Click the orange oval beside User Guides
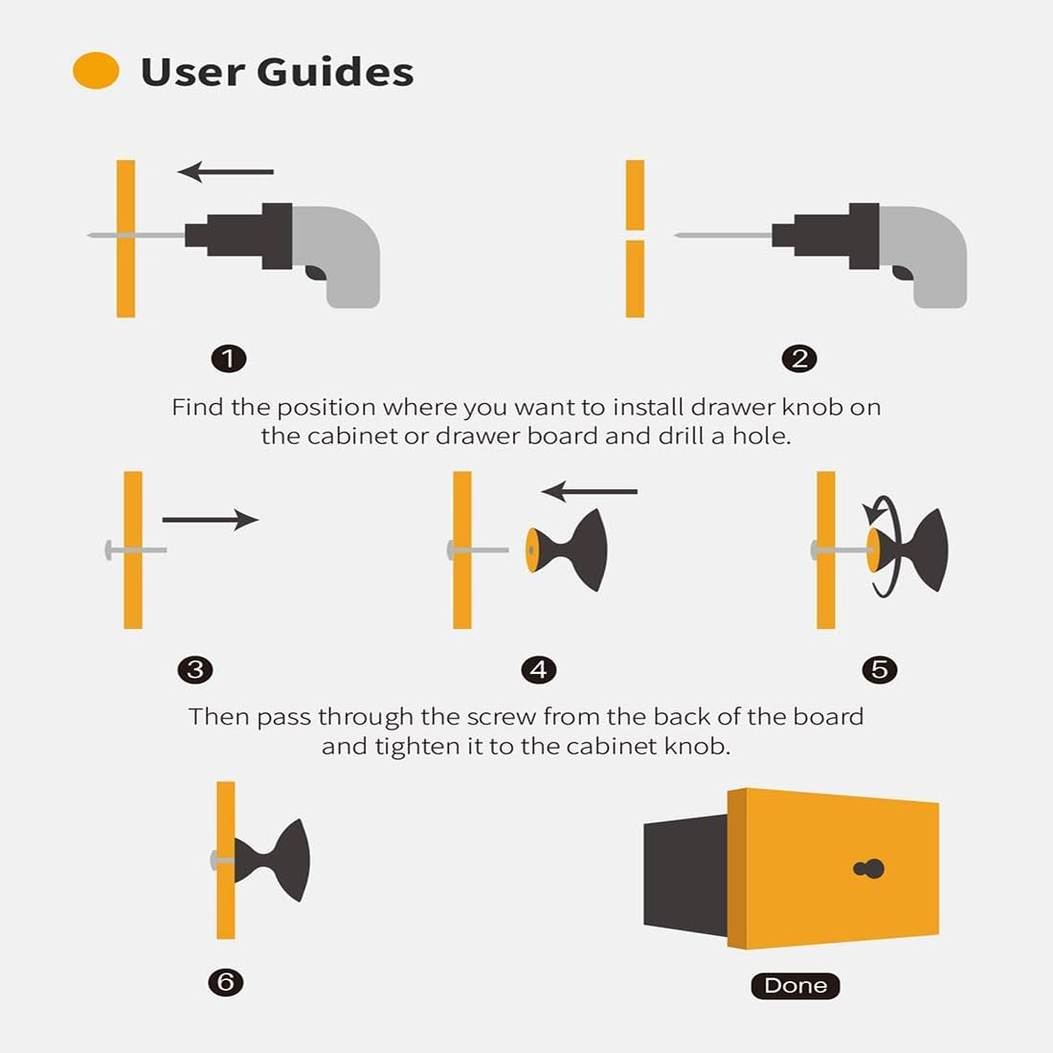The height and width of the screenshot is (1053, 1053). point(96,71)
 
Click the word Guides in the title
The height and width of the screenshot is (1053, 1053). point(335,72)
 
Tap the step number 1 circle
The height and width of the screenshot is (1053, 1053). point(229,359)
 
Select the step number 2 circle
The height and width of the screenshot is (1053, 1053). point(799,359)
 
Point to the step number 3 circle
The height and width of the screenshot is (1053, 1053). point(195,669)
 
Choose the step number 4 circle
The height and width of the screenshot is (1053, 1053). point(539,669)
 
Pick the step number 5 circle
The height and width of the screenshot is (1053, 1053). point(880,669)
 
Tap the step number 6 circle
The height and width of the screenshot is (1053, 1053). point(226,982)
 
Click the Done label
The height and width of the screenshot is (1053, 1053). point(795,985)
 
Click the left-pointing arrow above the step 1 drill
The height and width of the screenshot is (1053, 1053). point(226,172)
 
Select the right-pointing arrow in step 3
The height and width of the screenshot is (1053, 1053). point(211,519)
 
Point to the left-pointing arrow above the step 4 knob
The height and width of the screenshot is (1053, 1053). point(590,492)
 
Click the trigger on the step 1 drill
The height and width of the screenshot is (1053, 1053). point(315,272)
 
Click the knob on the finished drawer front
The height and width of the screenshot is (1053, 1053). point(869,868)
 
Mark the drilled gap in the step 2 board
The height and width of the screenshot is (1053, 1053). point(635,235)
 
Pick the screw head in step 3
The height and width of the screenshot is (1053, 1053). point(109,549)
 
